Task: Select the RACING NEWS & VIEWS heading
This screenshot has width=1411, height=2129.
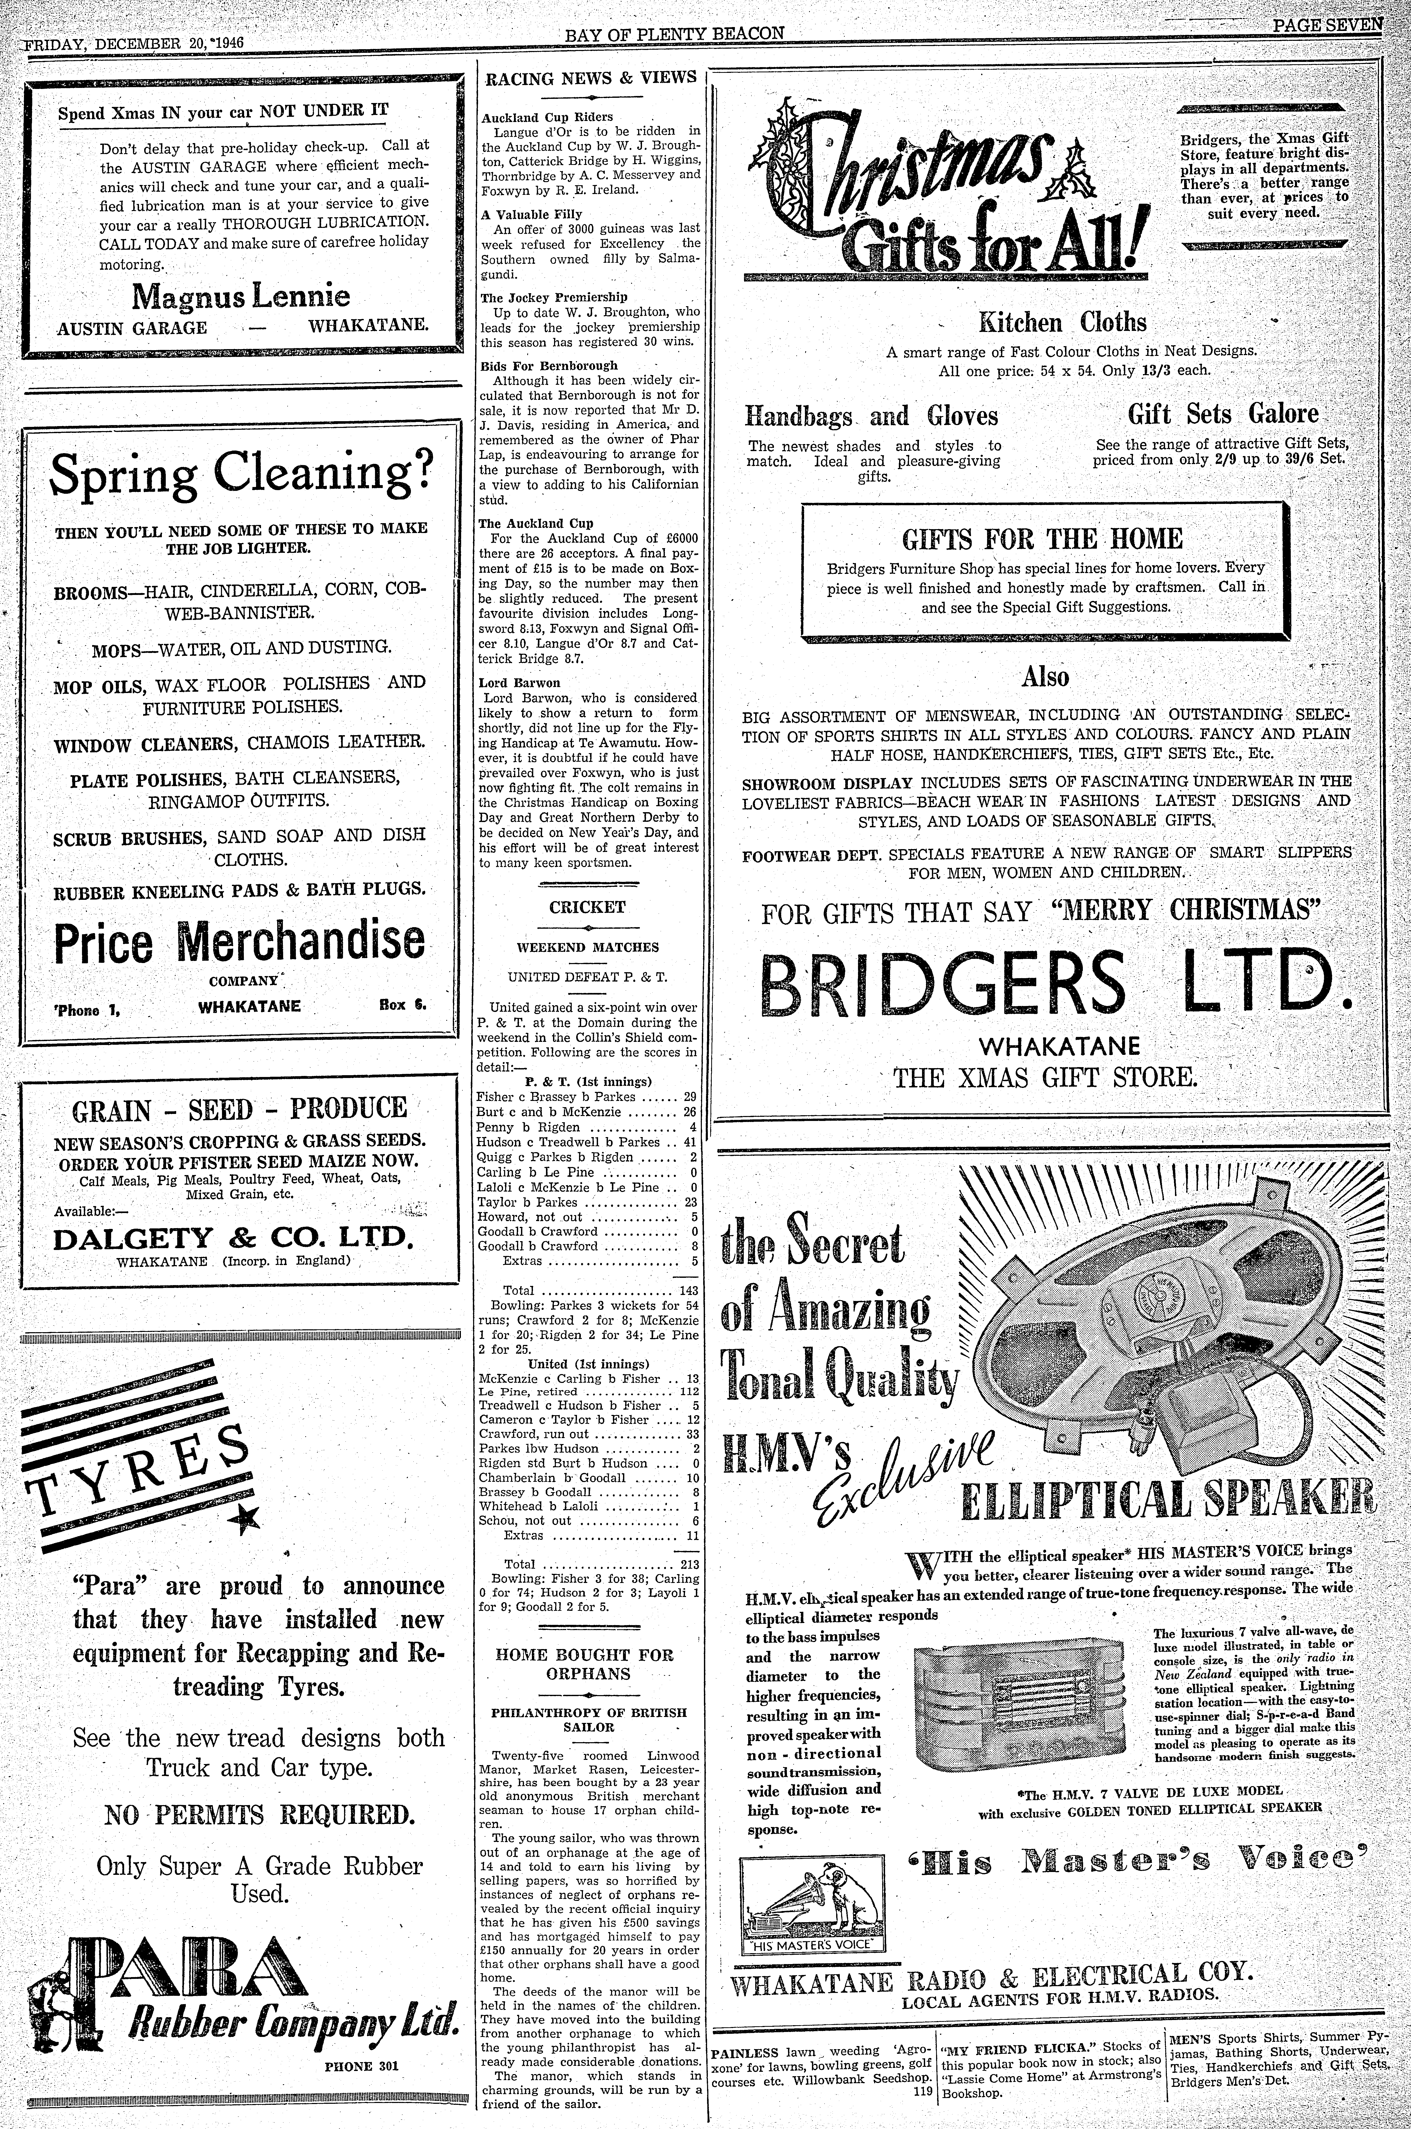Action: pyautogui.click(x=590, y=78)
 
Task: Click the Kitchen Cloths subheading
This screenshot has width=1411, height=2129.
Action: pyautogui.click(x=1062, y=322)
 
